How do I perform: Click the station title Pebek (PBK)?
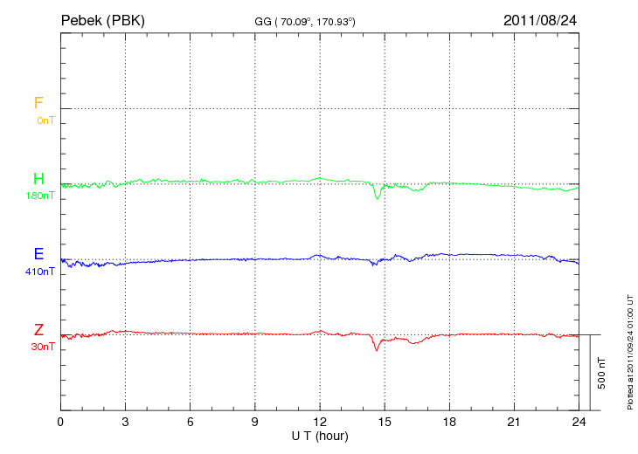pos(102,19)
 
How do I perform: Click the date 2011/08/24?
pos(540,19)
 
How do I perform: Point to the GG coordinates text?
pos(304,21)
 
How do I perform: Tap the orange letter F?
pos(38,103)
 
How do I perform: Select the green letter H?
pos(38,179)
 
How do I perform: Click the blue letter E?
pos(38,254)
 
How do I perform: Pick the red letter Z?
pos(38,330)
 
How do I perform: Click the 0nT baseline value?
pos(45,120)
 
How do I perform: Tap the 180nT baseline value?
pos(40,196)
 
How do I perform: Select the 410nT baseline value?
pos(40,272)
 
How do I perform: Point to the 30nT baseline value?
pos(43,347)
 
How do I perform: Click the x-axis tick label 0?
pos(60,422)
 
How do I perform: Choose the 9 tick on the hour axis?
pos(255,422)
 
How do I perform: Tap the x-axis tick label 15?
pos(385,422)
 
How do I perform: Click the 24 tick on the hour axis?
pos(579,422)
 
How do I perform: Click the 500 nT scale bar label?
pos(601,373)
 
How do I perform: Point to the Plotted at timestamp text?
pos(629,349)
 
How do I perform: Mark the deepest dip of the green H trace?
pos(378,198)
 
